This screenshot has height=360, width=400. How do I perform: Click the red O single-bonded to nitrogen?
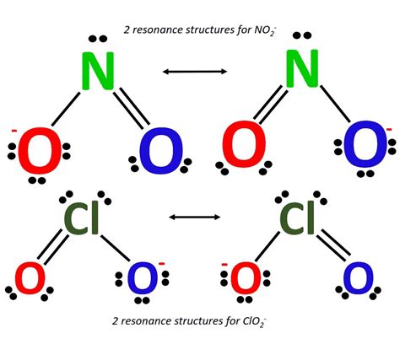coord(38,153)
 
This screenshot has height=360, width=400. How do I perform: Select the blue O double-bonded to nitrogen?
coord(160,153)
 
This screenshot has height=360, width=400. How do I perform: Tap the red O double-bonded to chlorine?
coord(30,279)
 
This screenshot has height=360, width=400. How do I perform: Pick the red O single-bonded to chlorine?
coord(245,278)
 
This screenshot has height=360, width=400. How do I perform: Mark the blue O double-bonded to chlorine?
coord(358,278)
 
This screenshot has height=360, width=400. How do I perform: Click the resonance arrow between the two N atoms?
coord(195,72)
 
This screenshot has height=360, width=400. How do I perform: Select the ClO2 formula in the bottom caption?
coord(257,322)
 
